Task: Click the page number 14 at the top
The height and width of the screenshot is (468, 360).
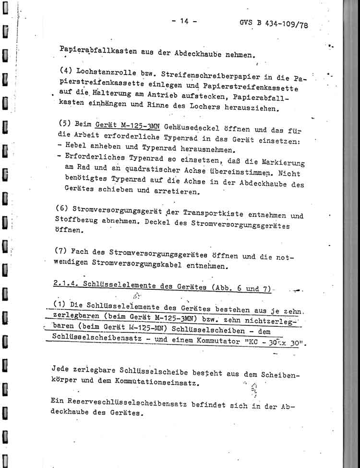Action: click(184, 21)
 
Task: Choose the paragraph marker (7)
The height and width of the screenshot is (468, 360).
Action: click(62, 250)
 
